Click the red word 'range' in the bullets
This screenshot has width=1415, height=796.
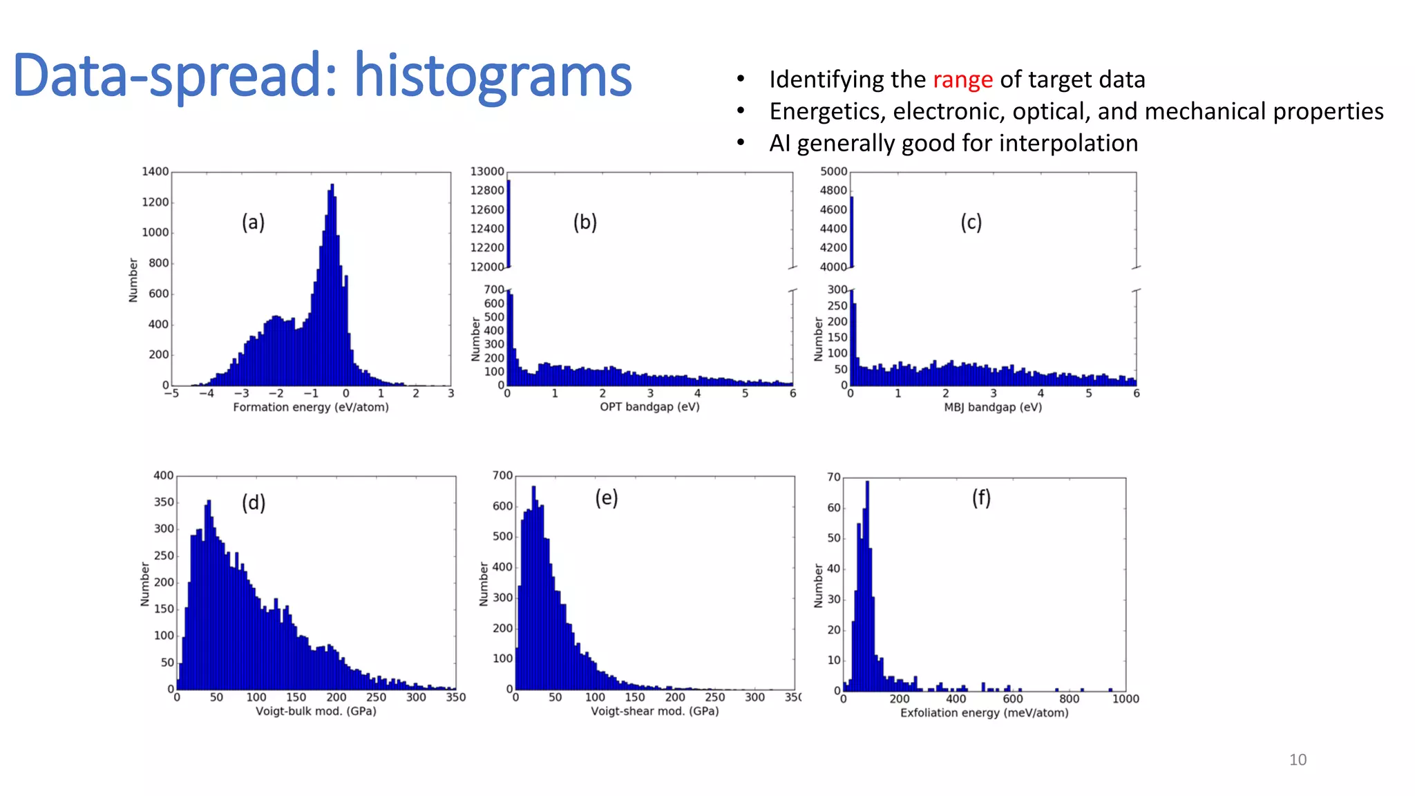(x=962, y=80)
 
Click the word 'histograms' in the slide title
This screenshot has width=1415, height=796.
(x=493, y=76)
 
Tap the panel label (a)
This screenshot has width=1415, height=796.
(x=253, y=222)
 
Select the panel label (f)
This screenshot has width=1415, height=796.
(x=981, y=497)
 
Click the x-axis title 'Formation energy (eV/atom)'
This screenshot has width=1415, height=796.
(x=311, y=408)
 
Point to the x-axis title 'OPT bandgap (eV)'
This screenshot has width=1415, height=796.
(x=649, y=407)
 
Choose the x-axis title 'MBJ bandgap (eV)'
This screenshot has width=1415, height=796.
(x=993, y=408)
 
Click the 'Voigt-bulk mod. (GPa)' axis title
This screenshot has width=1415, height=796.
(x=316, y=711)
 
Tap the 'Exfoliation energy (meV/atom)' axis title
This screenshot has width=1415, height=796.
(x=984, y=712)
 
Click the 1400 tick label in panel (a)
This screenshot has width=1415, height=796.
(x=155, y=171)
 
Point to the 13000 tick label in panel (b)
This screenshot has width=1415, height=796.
(x=487, y=171)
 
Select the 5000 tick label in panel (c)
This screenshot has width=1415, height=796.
(x=833, y=171)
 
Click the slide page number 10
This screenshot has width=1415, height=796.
(x=1298, y=760)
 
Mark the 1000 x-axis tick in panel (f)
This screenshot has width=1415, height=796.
(x=1126, y=699)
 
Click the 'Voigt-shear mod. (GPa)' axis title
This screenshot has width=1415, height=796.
(x=654, y=711)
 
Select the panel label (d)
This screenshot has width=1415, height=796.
(x=253, y=502)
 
